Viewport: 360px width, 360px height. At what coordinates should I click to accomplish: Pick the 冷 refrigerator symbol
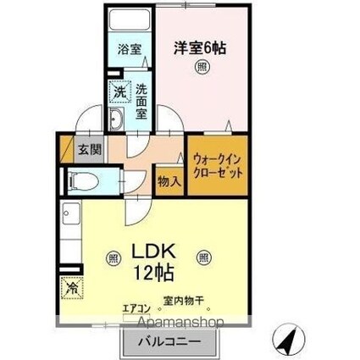(71, 287)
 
